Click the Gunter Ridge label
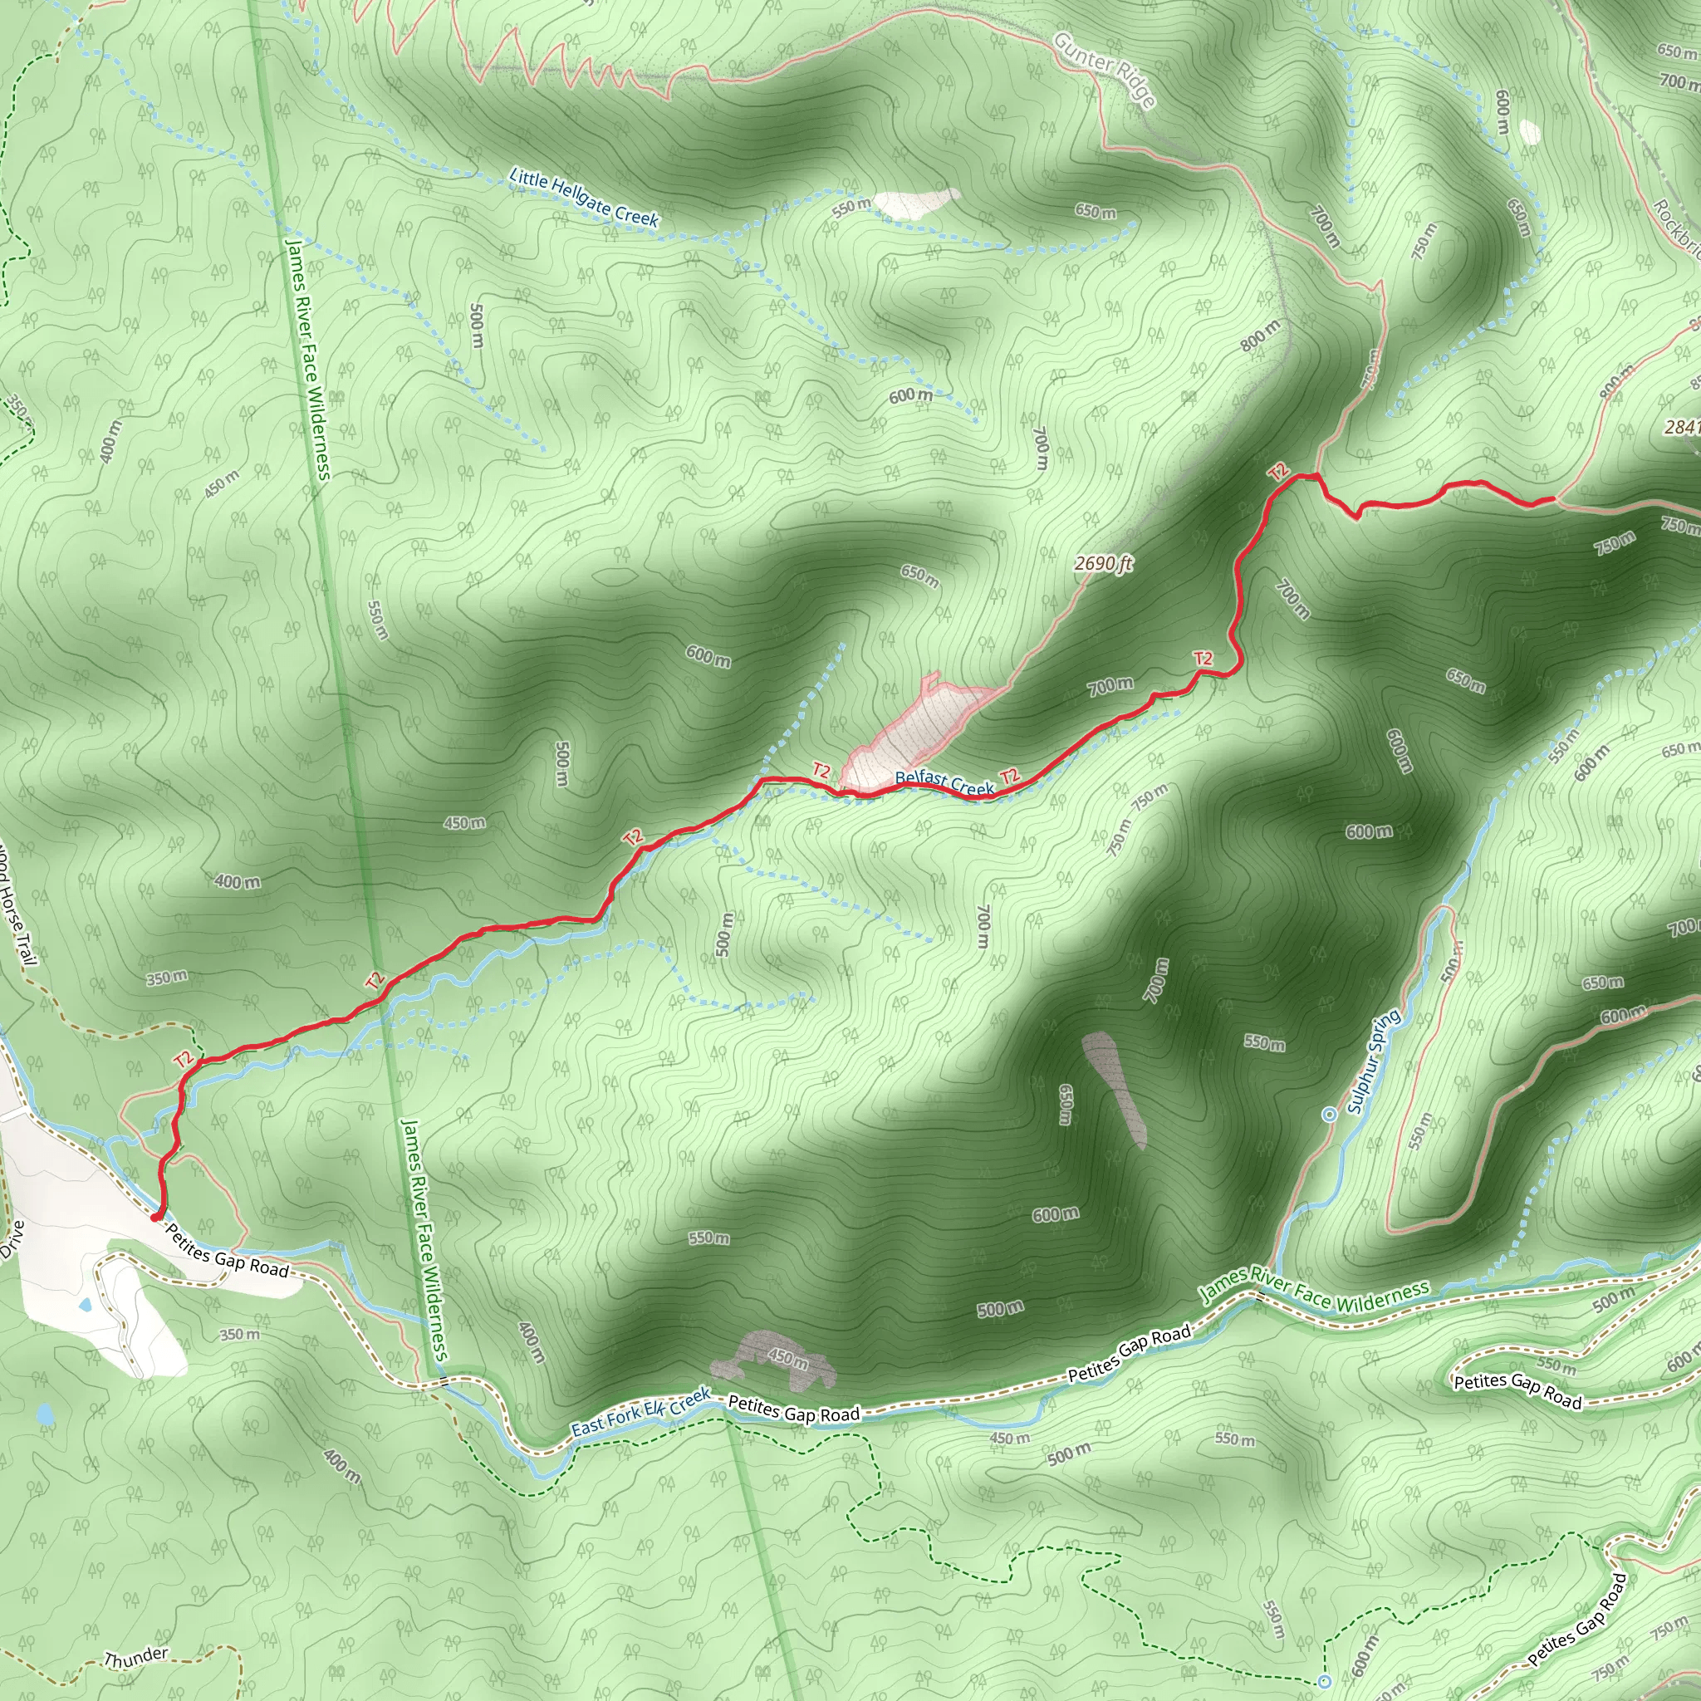pyautogui.click(x=1105, y=70)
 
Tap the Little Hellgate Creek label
pyautogui.click(x=584, y=199)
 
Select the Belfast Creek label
pyautogui.click(x=944, y=782)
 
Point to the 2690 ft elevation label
pyautogui.click(x=1103, y=563)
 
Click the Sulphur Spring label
pyautogui.click(x=1374, y=1061)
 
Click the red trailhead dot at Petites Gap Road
pyautogui.click(x=156, y=1218)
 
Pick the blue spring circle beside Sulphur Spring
pyautogui.click(x=1330, y=1115)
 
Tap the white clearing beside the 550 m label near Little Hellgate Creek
pyautogui.click(x=915, y=203)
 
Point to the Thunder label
pyautogui.click(x=135, y=1659)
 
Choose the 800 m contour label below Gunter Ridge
pyautogui.click(x=1261, y=336)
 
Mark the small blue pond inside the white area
pyautogui.click(x=86, y=1305)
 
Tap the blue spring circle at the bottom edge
pyautogui.click(x=1324, y=1682)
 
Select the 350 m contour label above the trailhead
pyautogui.click(x=166, y=978)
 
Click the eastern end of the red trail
pyautogui.click(x=1552, y=499)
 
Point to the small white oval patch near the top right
pyautogui.click(x=1530, y=132)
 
